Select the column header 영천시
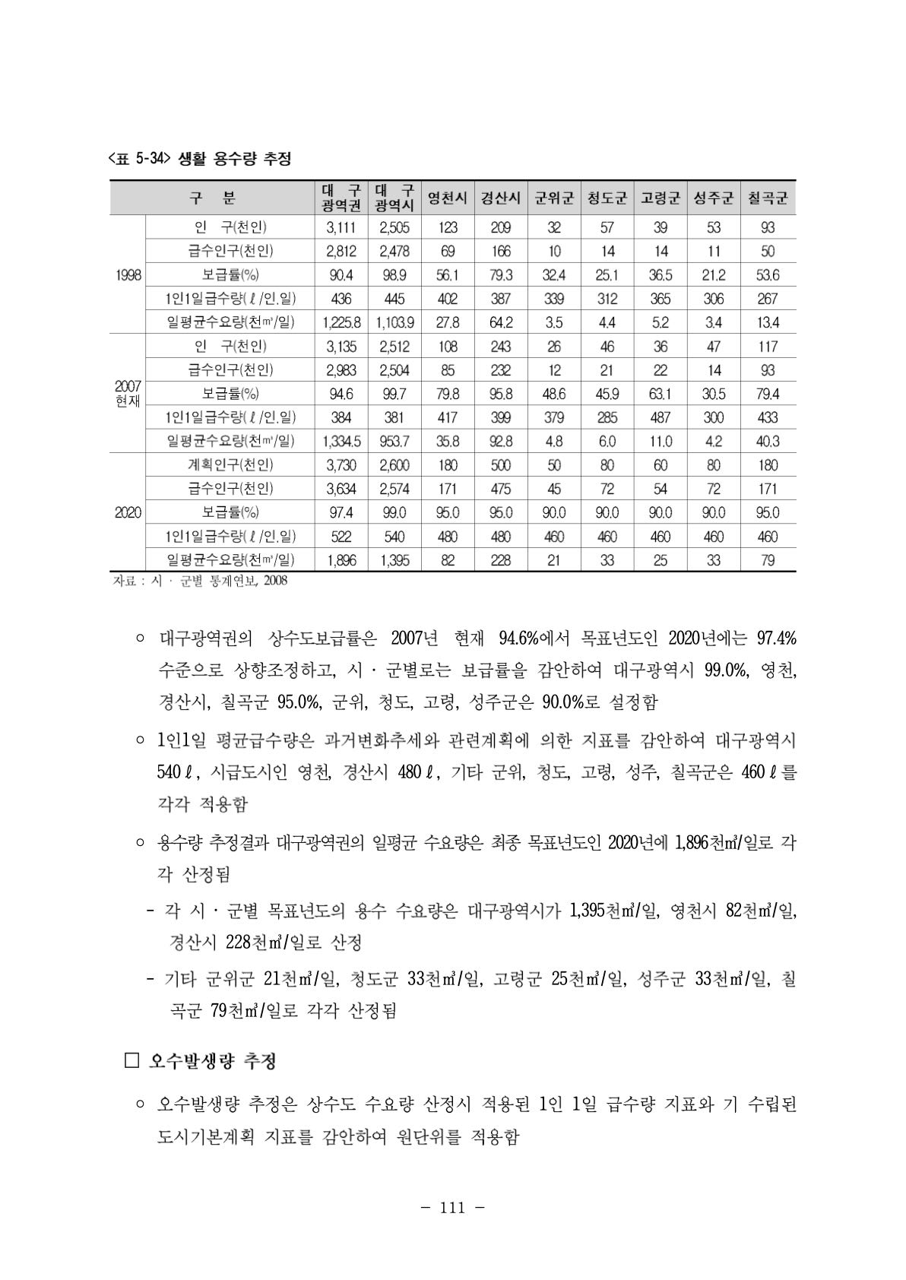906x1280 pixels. pos(448,198)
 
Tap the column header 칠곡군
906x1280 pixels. pos(768,198)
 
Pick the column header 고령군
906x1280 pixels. pos(660,198)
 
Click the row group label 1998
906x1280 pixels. pos(128,274)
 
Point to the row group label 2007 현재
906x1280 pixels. pos(128,394)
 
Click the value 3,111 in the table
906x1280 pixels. pos(341,227)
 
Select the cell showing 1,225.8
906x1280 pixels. pos(341,322)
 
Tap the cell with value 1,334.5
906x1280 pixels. pos(341,441)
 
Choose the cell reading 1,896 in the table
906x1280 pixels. pos(341,560)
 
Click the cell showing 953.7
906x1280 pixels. pos(394,441)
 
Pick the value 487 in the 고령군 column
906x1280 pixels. pos(660,417)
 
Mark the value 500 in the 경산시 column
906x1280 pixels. pos(501,464)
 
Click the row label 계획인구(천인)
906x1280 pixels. pos(230,464)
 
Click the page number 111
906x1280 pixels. pos(453,1208)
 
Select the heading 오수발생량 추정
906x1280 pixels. pos(212,1061)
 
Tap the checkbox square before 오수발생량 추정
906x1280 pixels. pos(131,1061)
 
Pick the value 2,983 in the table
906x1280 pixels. pos(341,370)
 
